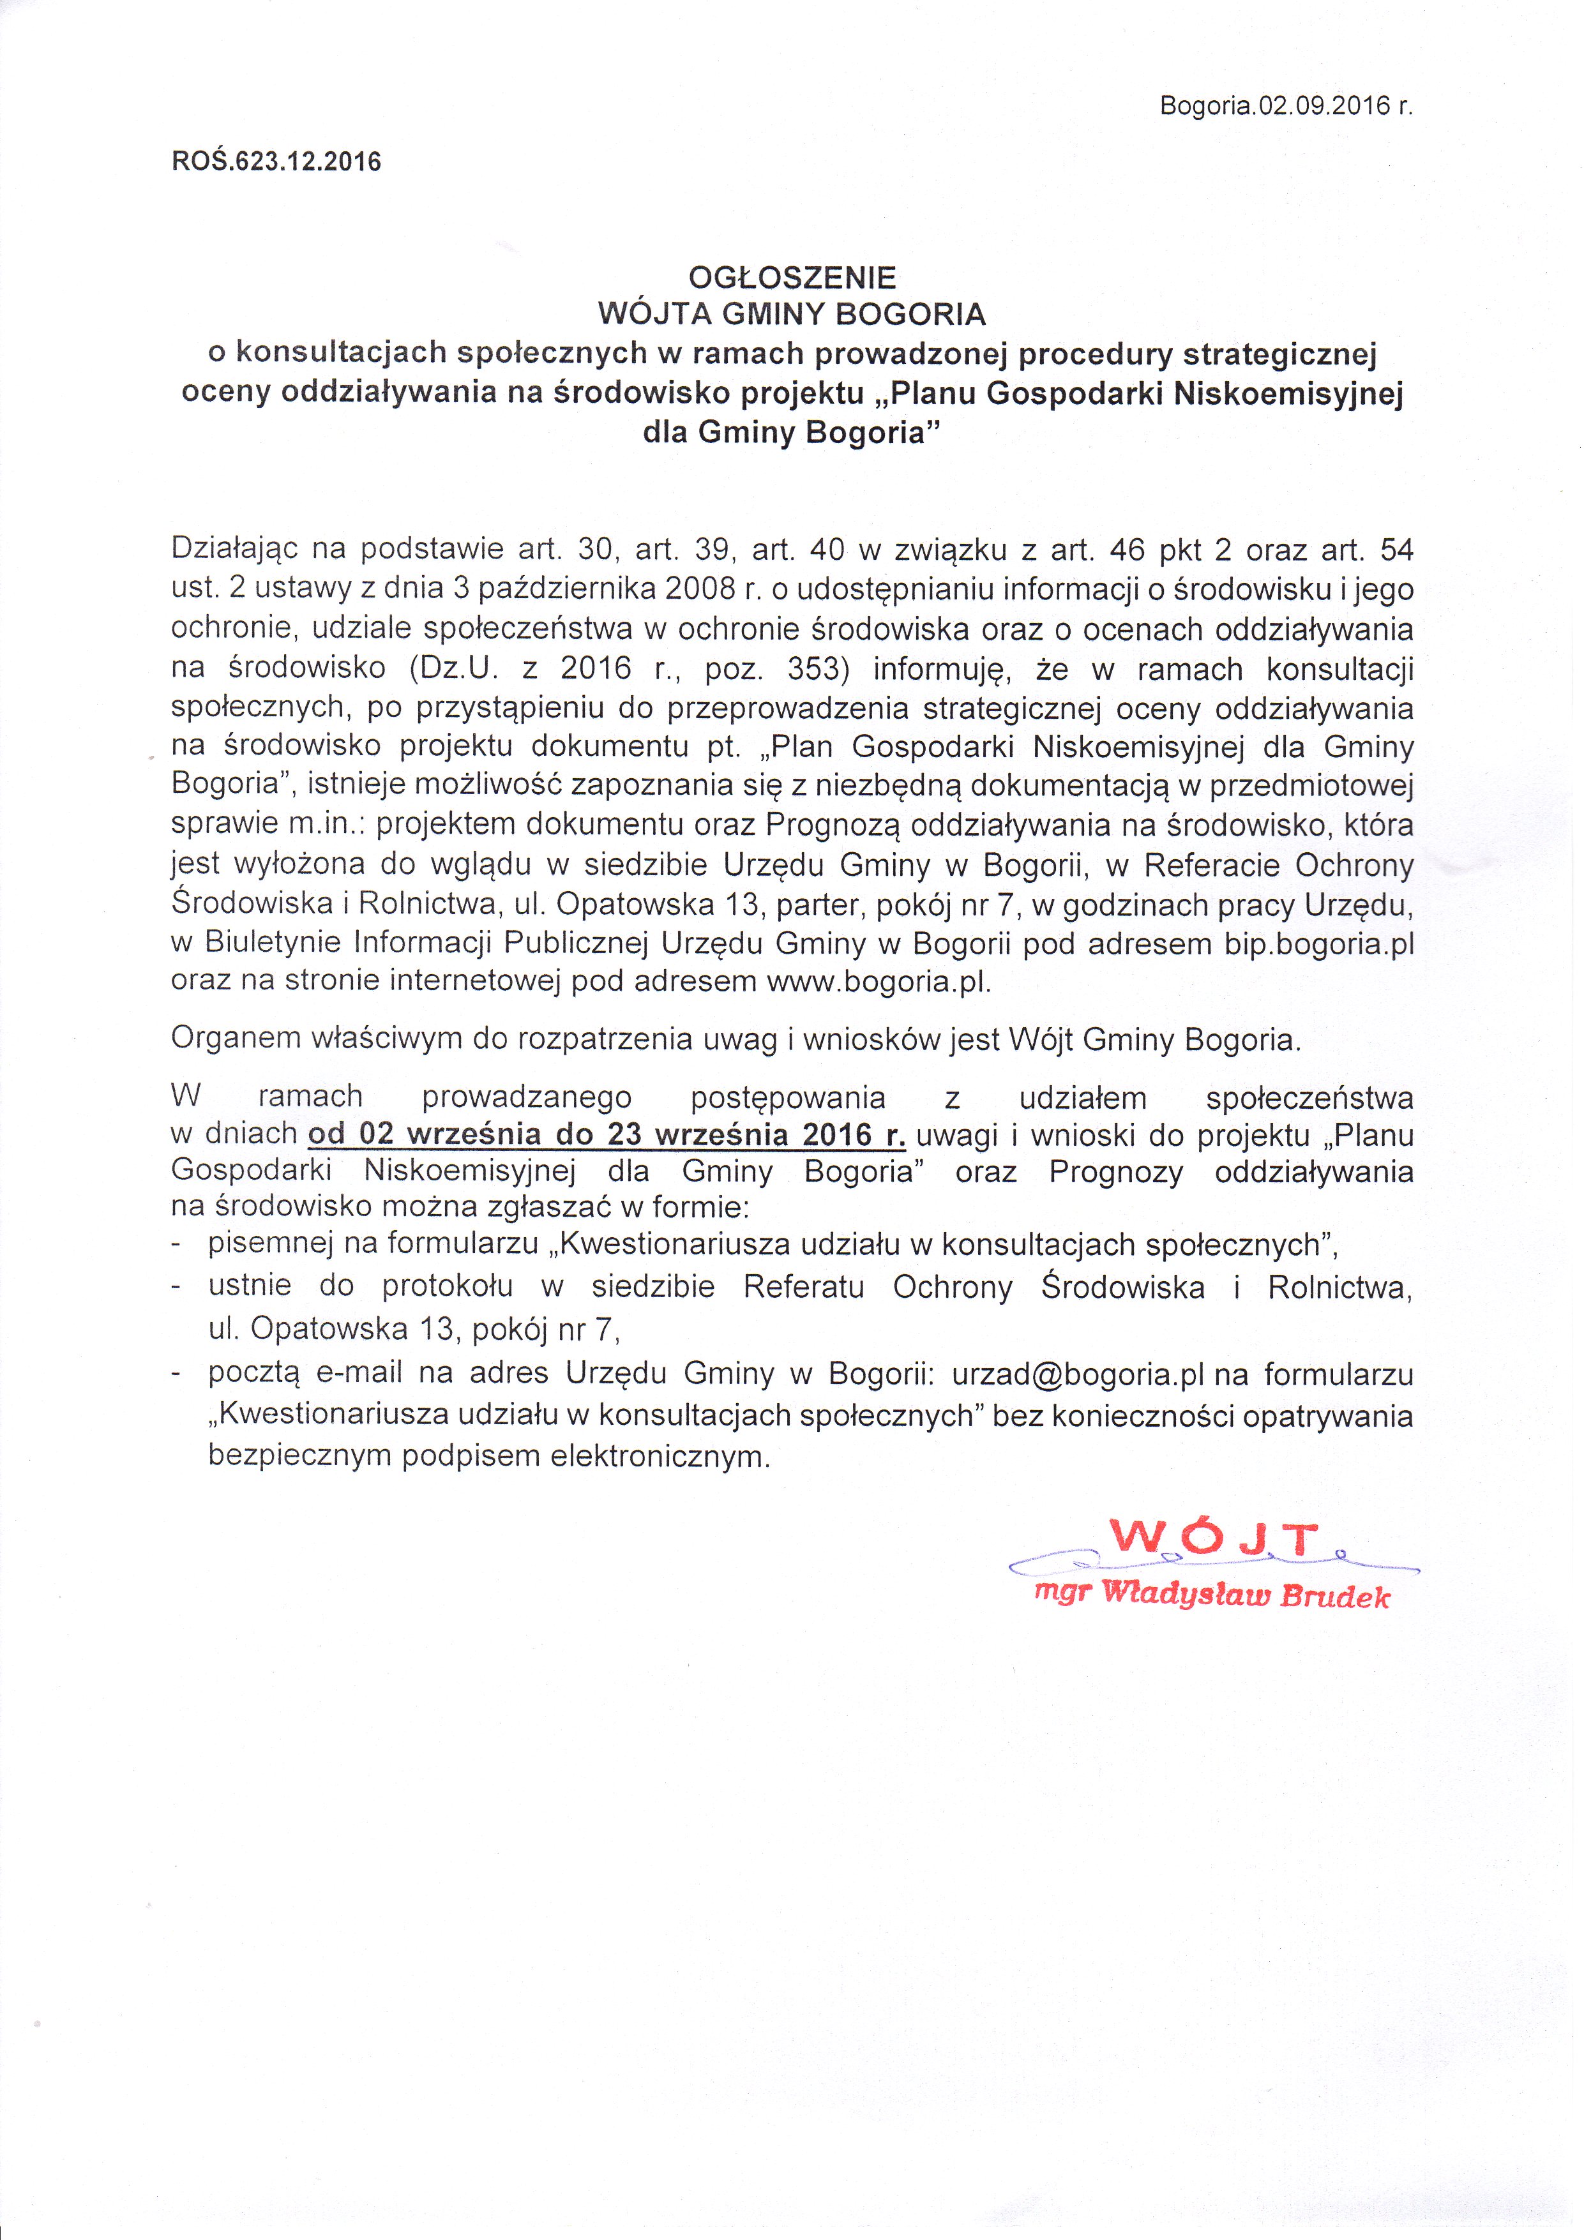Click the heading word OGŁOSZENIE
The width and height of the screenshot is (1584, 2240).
pos(792,278)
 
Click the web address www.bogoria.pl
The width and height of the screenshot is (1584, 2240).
pos(879,981)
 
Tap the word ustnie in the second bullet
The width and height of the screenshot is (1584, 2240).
pos(250,1285)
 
